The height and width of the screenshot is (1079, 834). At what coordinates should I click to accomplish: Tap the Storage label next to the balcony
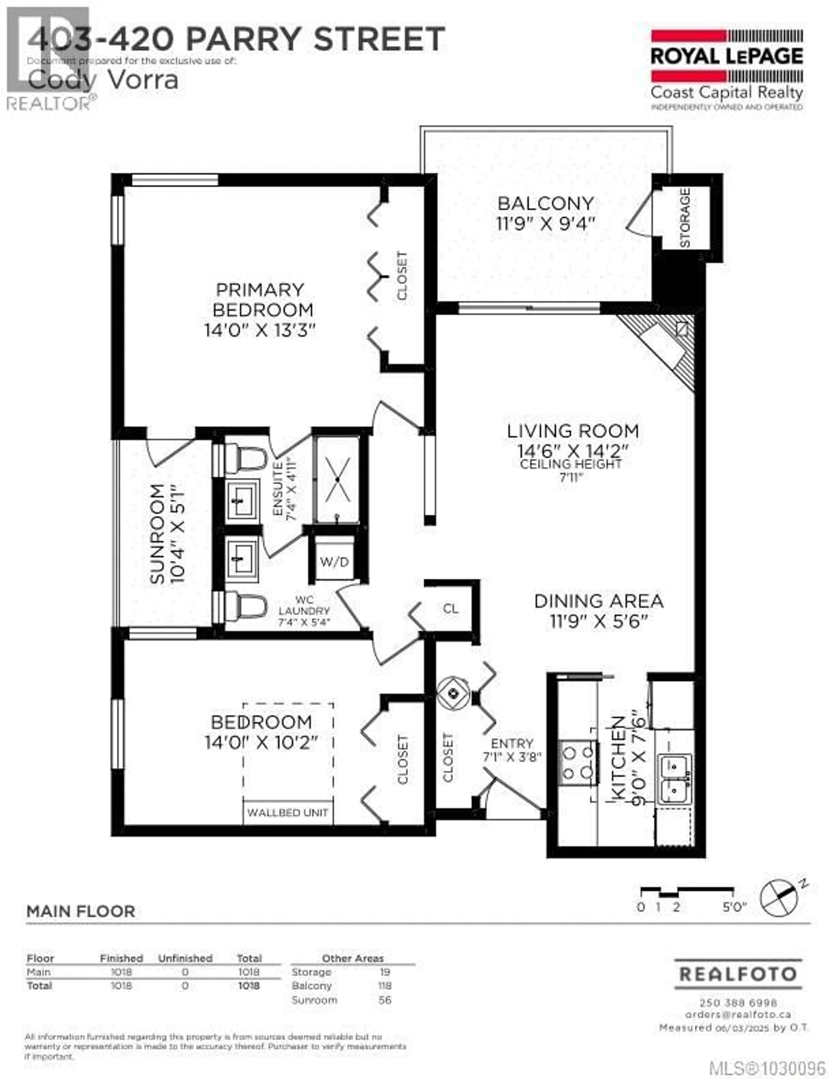tap(685, 218)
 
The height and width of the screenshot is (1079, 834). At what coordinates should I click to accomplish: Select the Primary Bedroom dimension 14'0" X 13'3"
tap(259, 330)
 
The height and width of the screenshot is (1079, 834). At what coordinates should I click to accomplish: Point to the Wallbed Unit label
tap(288, 813)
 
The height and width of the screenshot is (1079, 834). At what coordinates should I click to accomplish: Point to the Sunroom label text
tap(157, 534)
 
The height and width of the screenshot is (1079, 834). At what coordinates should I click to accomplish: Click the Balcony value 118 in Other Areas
tap(384, 986)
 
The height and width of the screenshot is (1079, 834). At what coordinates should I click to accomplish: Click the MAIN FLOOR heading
tap(81, 912)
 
